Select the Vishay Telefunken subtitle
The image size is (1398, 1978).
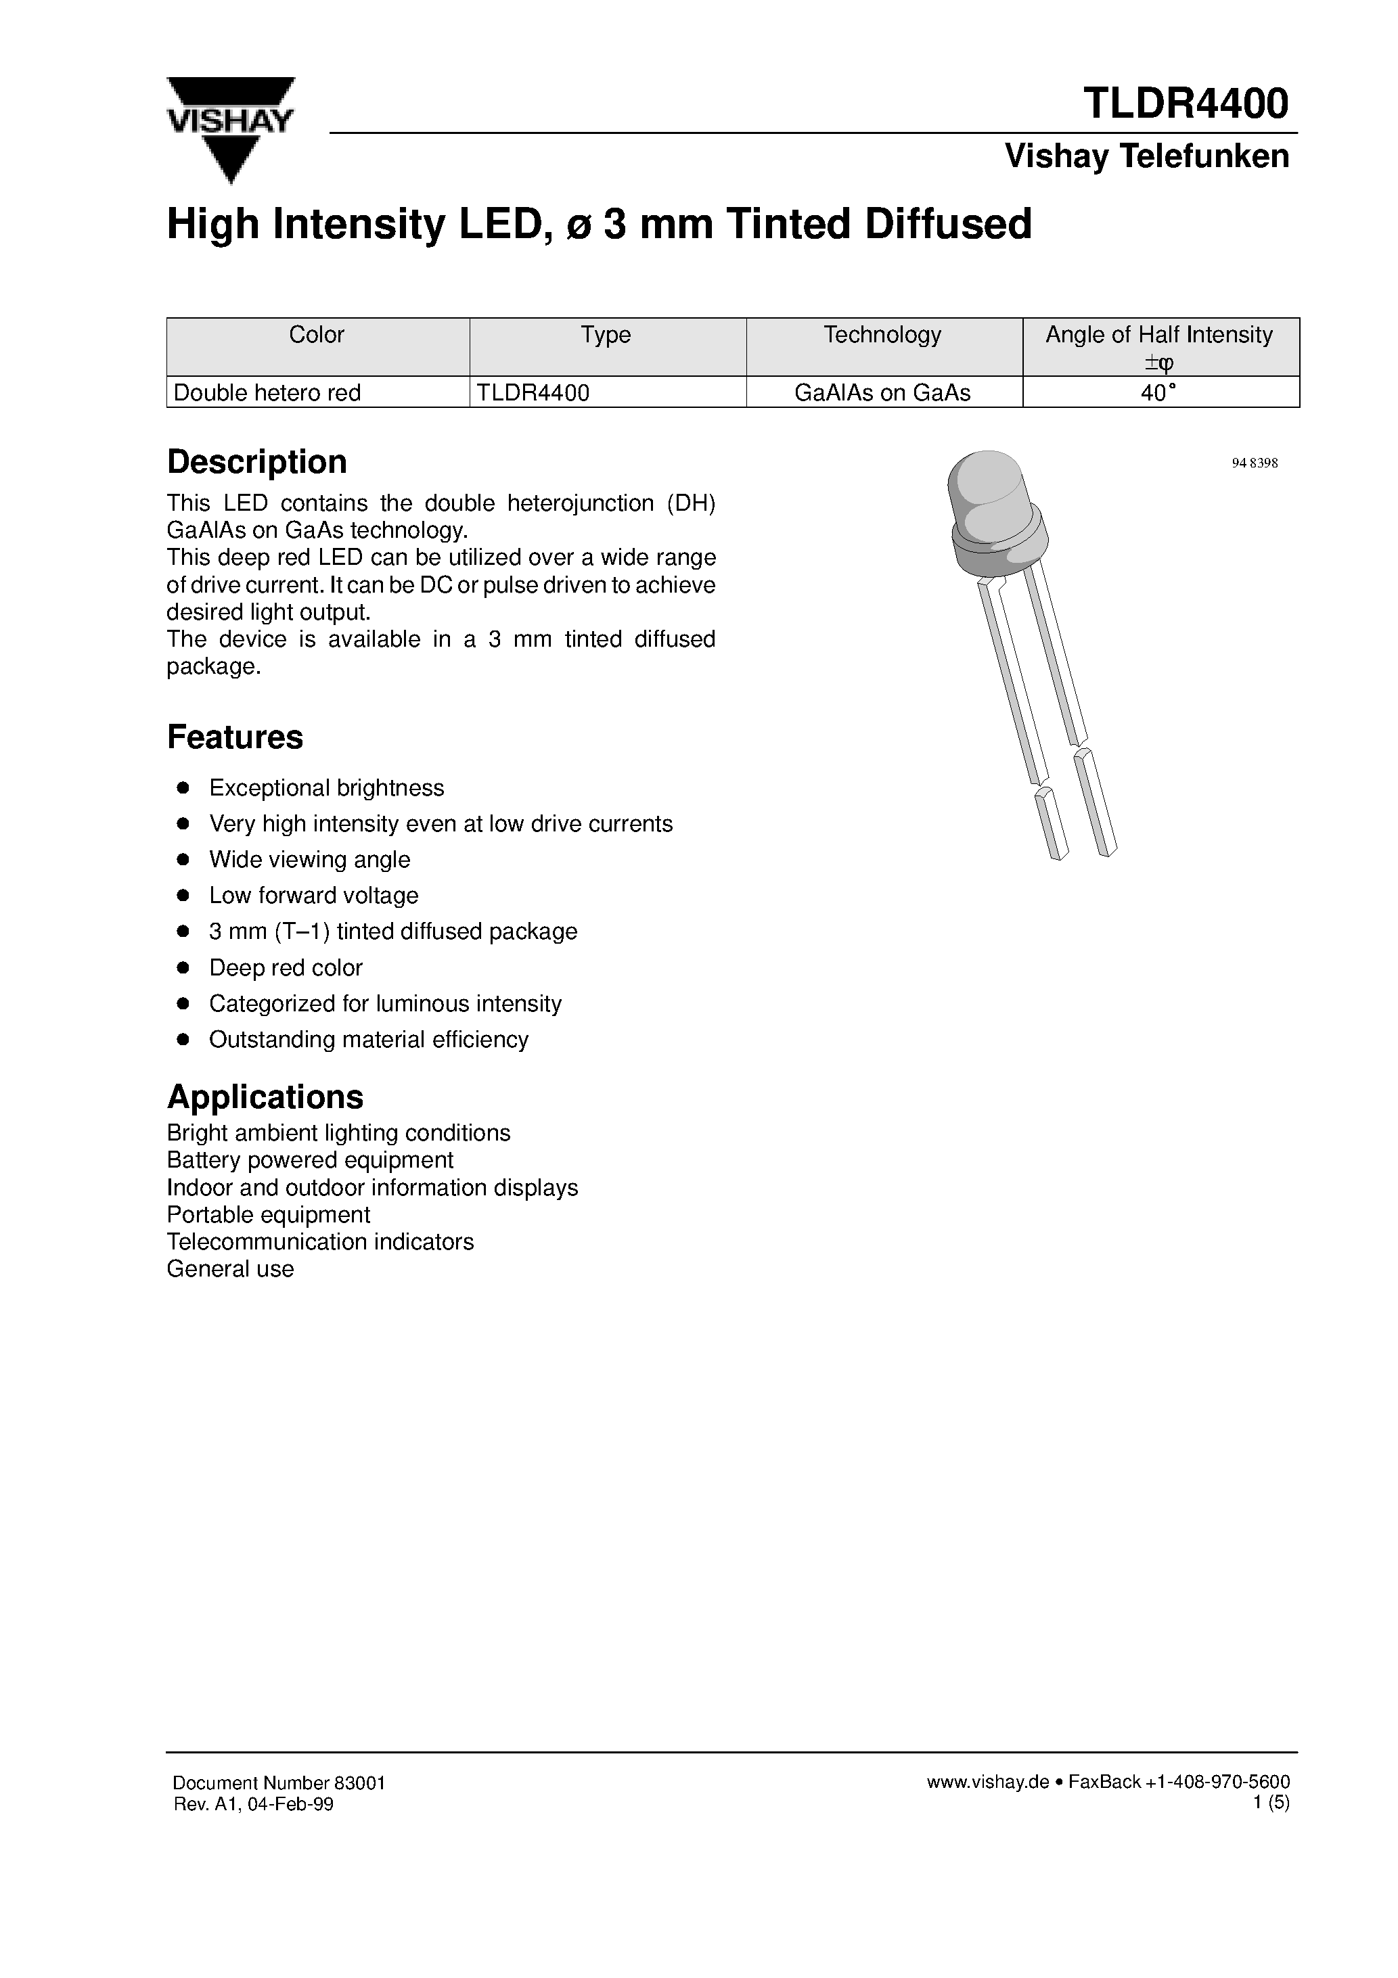click(1146, 156)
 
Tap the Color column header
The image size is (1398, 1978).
click(316, 335)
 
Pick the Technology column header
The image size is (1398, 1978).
click(882, 335)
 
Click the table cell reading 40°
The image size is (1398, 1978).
click(1158, 393)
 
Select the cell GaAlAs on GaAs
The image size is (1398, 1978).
click(882, 393)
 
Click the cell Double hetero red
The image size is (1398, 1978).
click(267, 393)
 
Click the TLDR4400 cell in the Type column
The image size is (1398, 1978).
click(533, 393)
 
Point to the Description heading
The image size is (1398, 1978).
click(257, 462)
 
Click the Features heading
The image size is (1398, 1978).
click(234, 737)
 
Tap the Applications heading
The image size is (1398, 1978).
click(265, 1097)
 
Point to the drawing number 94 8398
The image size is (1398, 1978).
click(1254, 463)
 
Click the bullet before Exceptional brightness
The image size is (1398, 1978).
click(183, 787)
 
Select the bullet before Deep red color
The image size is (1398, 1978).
click(183, 967)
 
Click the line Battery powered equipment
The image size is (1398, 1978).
click(309, 1159)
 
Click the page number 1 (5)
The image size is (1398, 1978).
click(1271, 1803)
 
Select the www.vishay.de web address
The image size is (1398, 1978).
click(987, 1782)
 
